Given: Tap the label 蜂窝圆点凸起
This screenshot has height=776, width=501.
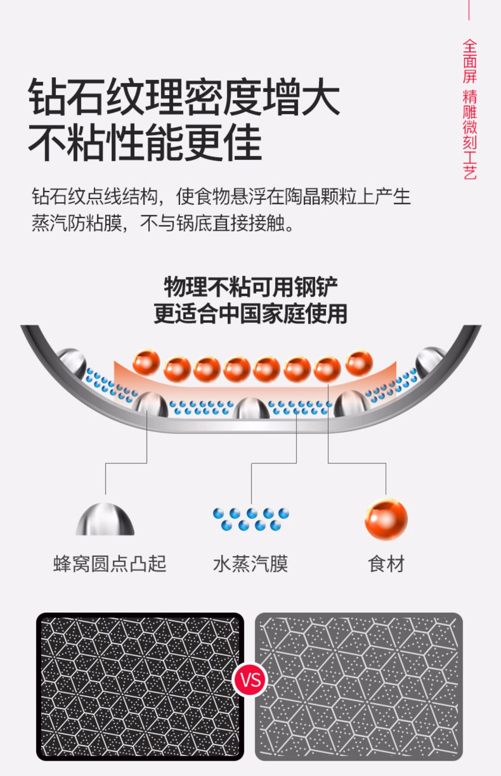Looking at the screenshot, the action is click(x=110, y=563).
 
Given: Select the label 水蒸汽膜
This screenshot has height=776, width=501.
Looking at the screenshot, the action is click(x=250, y=563).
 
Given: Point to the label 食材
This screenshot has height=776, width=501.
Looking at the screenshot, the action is click(x=386, y=563).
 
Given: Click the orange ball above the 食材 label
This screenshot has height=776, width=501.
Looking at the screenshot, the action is click(x=386, y=519).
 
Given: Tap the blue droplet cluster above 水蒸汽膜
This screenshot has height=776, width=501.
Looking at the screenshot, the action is click(x=251, y=519).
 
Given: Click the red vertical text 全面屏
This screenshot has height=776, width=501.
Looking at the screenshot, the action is click(x=469, y=61).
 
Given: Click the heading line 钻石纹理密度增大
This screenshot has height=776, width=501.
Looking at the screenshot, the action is click(x=184, y=97).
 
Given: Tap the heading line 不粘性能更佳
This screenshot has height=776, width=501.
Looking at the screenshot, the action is click(x=145, y=142).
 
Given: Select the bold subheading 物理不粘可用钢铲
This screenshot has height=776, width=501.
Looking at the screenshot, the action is click(x=250, y=287).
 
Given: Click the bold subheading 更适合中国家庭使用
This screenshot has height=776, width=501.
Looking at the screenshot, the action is click(x=250, y=314).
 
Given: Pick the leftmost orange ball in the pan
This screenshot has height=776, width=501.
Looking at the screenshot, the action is click(x=146, y=363).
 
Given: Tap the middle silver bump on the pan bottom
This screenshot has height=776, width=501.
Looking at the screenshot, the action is click(x=251, y=408).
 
